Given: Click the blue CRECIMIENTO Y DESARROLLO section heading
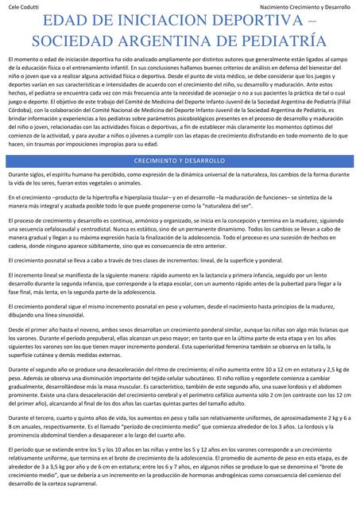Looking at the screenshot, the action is pos(180,161).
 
